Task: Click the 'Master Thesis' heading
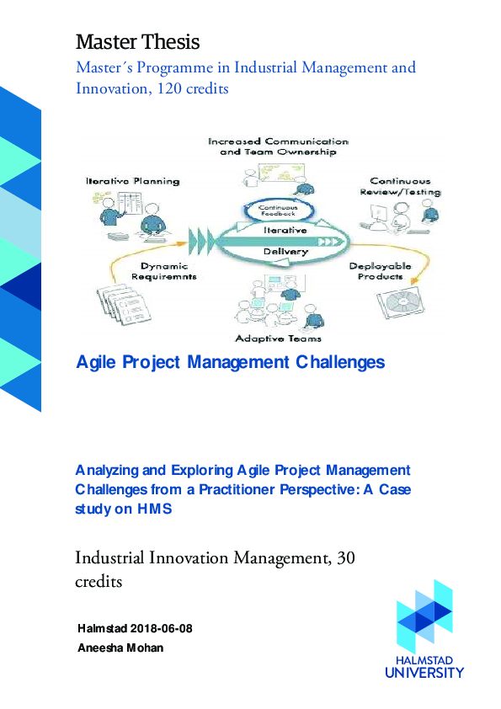click(138, 40)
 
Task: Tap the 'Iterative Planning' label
click(132, 181)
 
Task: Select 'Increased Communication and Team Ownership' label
click(277, 147)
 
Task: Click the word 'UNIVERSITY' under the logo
click(424, 673)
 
